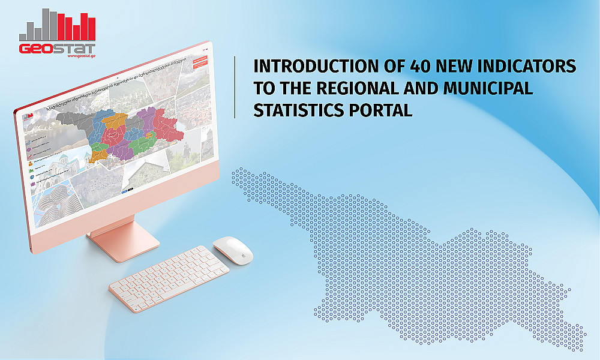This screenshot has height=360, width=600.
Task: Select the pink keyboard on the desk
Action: [x=169, y=273]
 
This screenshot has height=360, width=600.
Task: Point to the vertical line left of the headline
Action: [x=235, y=88]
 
